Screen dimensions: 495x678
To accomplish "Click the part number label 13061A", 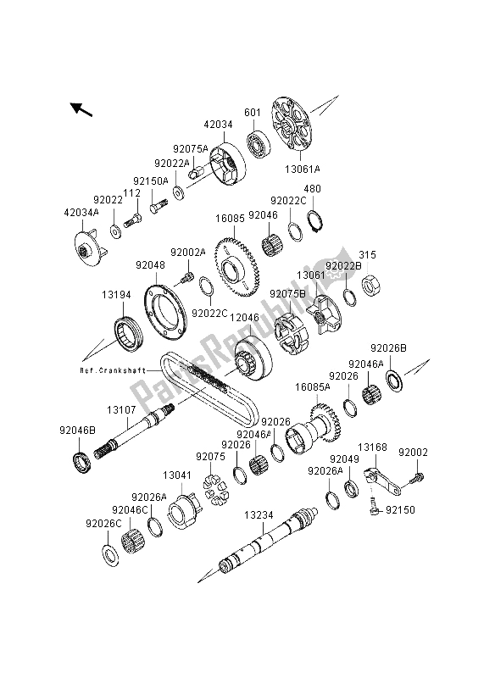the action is pyautogui.click(x=303, y=169).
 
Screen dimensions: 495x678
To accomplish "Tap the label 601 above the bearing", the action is pyautogui.click(x=253, y=113).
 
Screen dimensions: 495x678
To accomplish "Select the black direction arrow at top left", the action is pyautogui.click(x=81, y=109).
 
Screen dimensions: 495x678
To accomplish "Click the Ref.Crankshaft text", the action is pyautogui.click(x=113, y=370).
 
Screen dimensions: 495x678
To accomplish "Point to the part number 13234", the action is pyautogui.click(x=259, y=515).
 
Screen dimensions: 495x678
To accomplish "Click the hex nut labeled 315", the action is pyautogui.click(x=370, y=286).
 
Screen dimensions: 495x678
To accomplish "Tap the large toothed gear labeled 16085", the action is pyautogui.click(x=236, y=267).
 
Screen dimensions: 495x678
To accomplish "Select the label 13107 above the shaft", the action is pyautogui.click(x=121, y=409).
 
